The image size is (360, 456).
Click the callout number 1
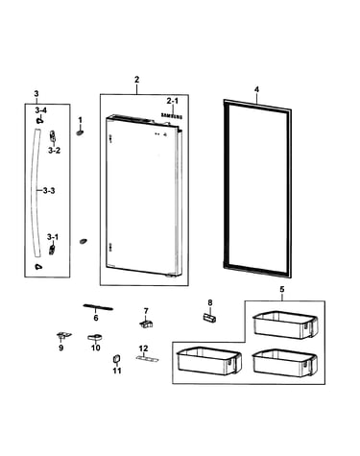point(80,120)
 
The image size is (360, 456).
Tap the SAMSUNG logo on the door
point(172,116)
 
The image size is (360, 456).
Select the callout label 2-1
point(173,101)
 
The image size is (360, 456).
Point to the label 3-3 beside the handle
point(49,191)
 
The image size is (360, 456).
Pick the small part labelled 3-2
point(53,136)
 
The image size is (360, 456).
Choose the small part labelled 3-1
point(52,249)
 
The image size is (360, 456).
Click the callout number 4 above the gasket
point(256,90)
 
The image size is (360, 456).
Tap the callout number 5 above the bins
point(281,289)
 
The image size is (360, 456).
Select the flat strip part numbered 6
point(98,307)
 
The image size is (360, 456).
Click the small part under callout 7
point(146,324)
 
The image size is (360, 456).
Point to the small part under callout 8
point(209,318)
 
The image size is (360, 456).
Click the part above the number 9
point(63,335)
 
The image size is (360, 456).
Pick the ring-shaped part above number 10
point(95,337)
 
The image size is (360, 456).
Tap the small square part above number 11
point(116,359)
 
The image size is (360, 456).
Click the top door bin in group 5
point(285,324)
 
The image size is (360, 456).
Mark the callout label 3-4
point(41,110)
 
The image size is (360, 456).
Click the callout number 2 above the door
point(136,80)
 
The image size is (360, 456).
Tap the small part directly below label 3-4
point(39,120)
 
